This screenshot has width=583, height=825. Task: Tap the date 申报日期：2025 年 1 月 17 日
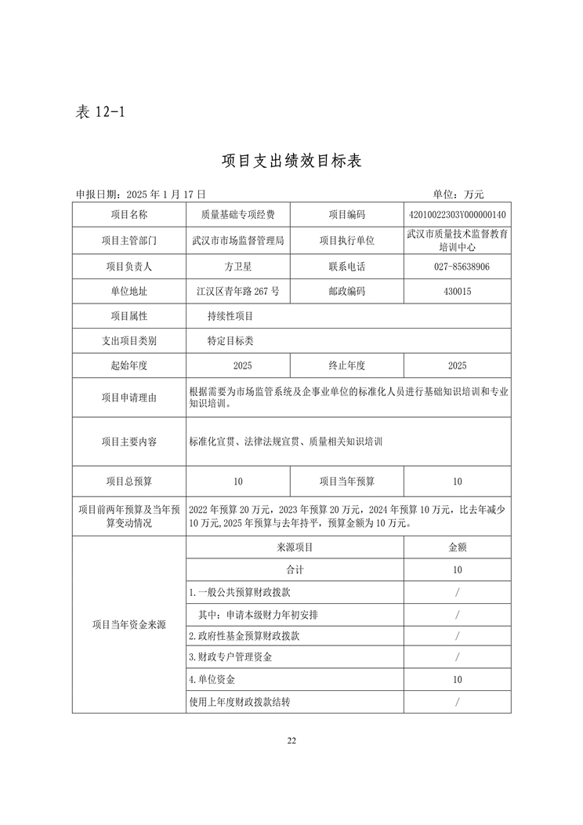[141, 194]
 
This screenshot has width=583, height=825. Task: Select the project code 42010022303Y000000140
[458, 215]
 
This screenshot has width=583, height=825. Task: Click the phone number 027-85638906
[458, 267]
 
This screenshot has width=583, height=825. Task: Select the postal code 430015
[458, 292]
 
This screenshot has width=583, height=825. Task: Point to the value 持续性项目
[230, 316]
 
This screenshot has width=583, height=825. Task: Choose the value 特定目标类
[230, 341]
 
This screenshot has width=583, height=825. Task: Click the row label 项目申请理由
[129, 398]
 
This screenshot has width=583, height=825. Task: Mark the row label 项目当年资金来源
[129, 625]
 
